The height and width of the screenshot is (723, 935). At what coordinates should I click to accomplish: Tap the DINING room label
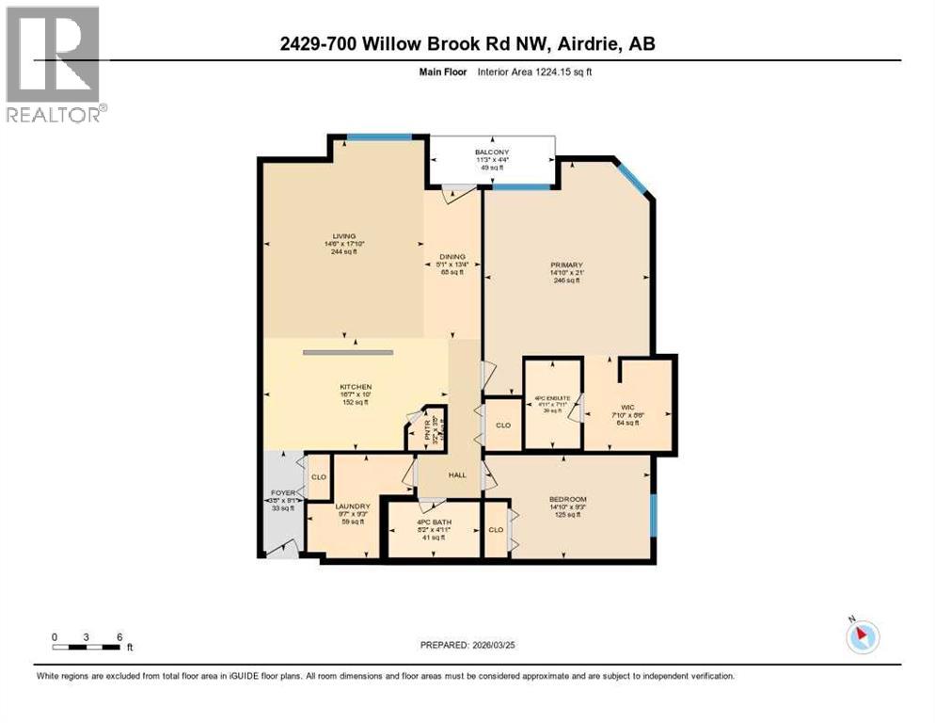(x=452, y=256)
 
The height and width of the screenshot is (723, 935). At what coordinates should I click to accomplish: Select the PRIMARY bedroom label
(x=566, y=265)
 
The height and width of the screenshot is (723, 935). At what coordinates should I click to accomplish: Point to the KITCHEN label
(x=356, y=387)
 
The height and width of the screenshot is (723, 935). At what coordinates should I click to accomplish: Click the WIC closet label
(x=627, y=408)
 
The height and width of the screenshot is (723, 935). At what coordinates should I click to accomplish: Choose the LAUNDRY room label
(x=353, y=506)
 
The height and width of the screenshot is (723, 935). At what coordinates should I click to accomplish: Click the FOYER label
(x=282, y=490)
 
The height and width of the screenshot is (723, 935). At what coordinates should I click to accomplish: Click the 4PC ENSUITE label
(x=553, y=397)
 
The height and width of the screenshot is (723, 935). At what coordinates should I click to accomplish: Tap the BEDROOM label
(x=568, y=499)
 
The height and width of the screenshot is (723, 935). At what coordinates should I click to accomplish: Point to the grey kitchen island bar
(x=347, y=352)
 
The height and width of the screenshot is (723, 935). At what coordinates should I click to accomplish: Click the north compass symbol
(x=862, y=636)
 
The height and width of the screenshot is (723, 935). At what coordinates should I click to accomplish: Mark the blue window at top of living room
(x=379, y=137)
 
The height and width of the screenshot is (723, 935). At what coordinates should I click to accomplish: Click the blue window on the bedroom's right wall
(x=654, y=514)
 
